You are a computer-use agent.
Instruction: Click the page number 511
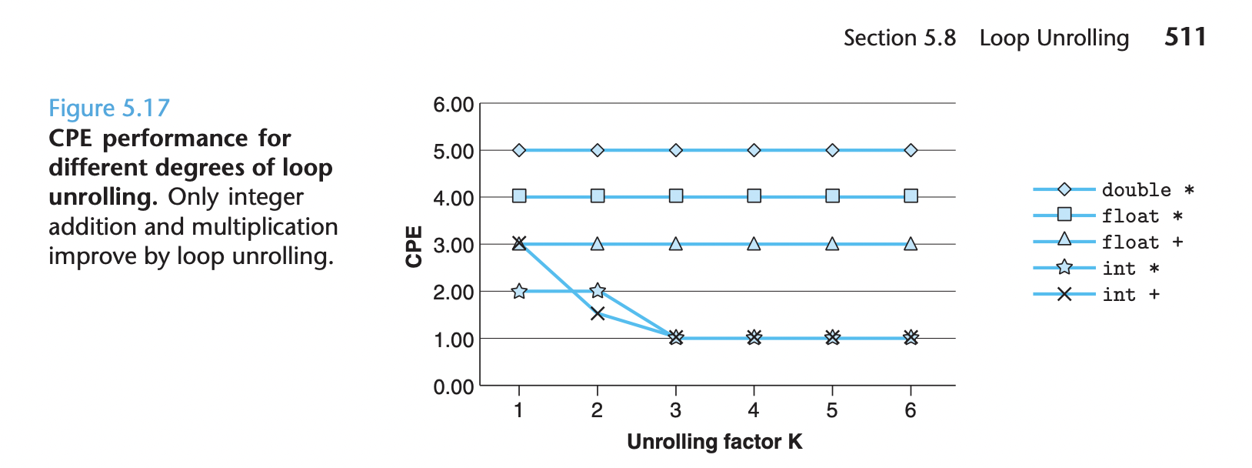click(1185, 37)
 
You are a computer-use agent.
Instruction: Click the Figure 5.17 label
click(108, 108)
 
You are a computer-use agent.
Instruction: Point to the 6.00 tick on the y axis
click(453, 105)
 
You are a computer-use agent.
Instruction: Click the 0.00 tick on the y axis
click(453, 386)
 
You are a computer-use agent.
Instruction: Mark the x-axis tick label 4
click(754, 410)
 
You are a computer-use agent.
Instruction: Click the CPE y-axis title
click(415, 246)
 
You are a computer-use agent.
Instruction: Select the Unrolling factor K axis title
click(714, 442)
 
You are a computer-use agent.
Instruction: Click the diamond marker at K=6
click(911, 150)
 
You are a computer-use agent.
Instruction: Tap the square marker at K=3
click(676, 196)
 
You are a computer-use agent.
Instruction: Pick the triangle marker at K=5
click(832, 243)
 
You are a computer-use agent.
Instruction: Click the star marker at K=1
click(519, 291)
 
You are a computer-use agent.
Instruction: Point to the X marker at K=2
click(598, 313)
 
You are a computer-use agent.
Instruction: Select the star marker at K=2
click(598, 290)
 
